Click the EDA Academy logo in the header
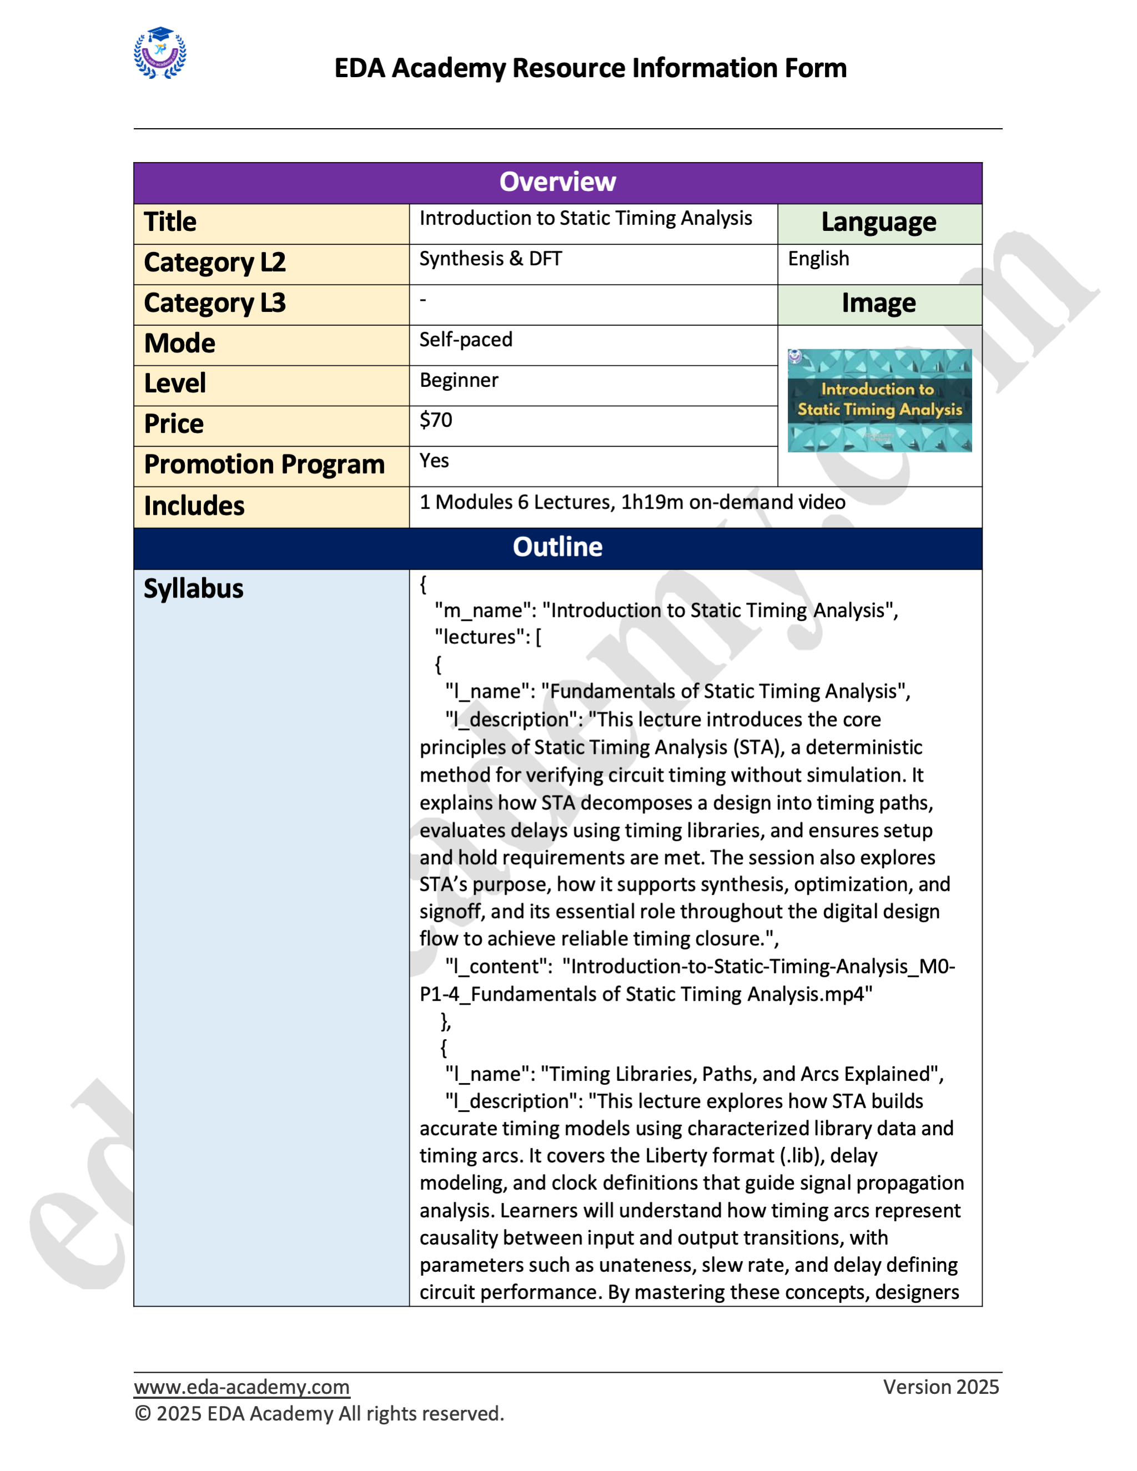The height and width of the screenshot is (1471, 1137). (x=160, y=53)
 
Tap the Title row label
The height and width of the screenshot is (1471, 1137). (x=170, y=222)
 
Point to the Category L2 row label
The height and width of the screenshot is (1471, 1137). (x=215, y=263)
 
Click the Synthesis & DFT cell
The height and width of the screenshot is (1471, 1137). (x=490, y=259)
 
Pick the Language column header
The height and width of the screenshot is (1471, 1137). (x=878, y=222)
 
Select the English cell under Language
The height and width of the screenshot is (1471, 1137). (x=818, y=259)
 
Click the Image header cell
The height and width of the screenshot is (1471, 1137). (x=878, y=303)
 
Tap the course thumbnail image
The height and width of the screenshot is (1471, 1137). (x=879, y=400)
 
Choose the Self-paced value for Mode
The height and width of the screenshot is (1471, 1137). (x=465, y=340)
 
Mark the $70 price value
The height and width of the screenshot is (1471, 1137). (x=436, y=420)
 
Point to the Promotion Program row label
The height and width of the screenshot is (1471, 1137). (x=264, y=465)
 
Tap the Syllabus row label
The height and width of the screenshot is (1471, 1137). (x=193, y=588)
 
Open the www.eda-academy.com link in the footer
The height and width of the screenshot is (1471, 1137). (x=241, y=1387)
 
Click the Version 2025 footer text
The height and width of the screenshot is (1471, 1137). (x=940, y=1387)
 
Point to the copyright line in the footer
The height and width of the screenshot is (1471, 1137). (x=319, y=1413)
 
